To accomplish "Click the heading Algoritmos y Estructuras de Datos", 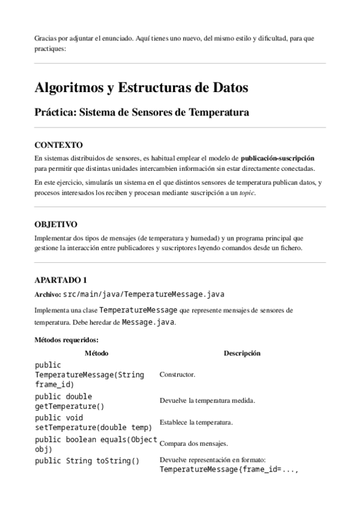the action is [141, 88].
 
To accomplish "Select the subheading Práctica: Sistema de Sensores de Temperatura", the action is [141, 112].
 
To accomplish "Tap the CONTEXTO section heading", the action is [59, 145].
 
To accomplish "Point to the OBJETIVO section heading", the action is [56, 224].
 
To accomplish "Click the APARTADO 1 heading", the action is [61, 280].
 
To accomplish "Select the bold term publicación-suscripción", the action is [277, 158].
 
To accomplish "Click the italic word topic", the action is [246, 193].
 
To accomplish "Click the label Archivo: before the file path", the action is [47, 295].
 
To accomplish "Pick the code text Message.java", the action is [148, 322].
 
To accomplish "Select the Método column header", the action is [96, 353].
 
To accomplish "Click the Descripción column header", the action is [242, 353].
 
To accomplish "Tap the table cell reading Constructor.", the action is [177, 375].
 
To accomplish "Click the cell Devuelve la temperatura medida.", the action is [207, 401].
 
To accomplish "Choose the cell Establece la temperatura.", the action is [196, 422].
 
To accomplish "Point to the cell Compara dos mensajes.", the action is [192, 444].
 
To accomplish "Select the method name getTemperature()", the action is [70, 406].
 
